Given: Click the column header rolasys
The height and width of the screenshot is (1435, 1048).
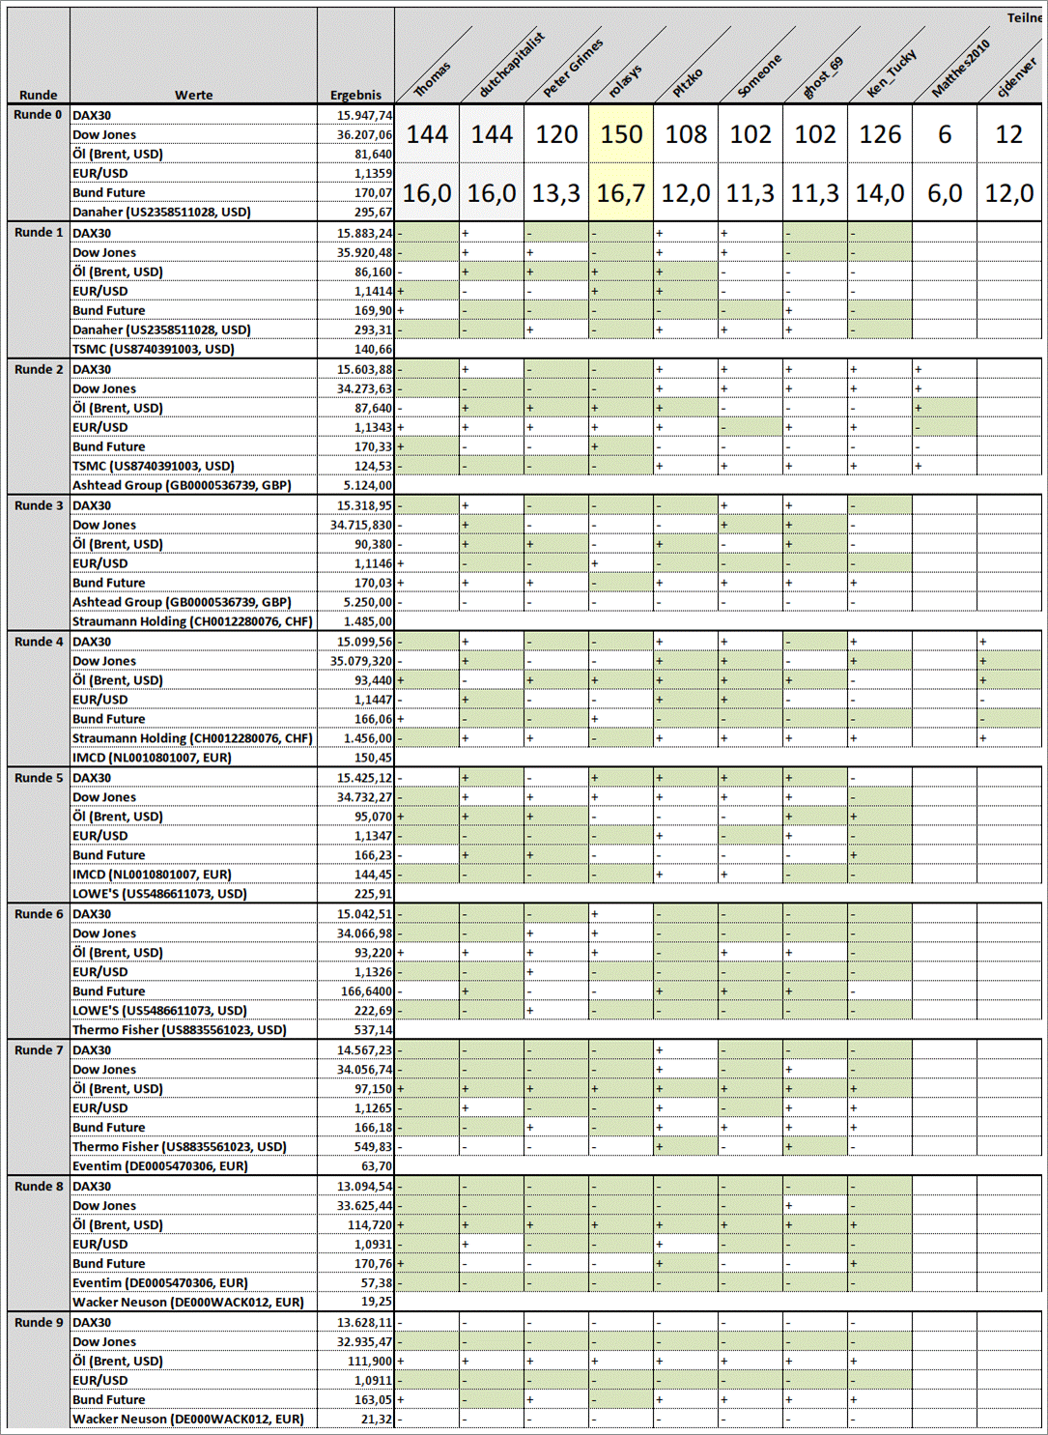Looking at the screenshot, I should [626, 80].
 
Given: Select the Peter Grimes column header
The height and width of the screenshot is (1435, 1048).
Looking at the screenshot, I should [573, 68].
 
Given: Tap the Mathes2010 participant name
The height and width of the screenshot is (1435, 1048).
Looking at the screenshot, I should [960, 69].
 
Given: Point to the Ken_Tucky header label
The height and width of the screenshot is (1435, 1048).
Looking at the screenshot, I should [891, 73].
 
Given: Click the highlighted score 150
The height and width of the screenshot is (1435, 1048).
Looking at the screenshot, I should [621, 134].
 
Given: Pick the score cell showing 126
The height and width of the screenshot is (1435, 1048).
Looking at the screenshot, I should [880, 134].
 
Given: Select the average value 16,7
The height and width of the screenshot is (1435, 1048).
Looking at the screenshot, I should [621, 193].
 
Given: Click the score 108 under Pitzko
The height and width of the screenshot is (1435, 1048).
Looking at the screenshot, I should [686, 134].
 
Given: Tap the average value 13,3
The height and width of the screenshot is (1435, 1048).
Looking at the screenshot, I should [556, 193].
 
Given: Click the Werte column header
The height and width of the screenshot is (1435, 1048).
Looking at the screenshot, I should [193, 95].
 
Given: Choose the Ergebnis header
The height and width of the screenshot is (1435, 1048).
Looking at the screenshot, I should [355, 95].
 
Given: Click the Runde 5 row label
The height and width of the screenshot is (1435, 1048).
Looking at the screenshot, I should [39, 778].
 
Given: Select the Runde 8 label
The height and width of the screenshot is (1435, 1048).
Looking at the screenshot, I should [39, 1187].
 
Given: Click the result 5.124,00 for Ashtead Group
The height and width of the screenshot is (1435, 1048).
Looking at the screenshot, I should [367, 486].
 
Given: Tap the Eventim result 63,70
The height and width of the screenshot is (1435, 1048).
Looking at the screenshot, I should [375, 1166].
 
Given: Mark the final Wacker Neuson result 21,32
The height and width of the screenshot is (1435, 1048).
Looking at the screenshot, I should [376, 1420].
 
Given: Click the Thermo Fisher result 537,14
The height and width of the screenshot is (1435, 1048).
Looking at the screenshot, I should [373, 1030].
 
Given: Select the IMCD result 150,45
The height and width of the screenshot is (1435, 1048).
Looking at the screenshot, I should [373, 759].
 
